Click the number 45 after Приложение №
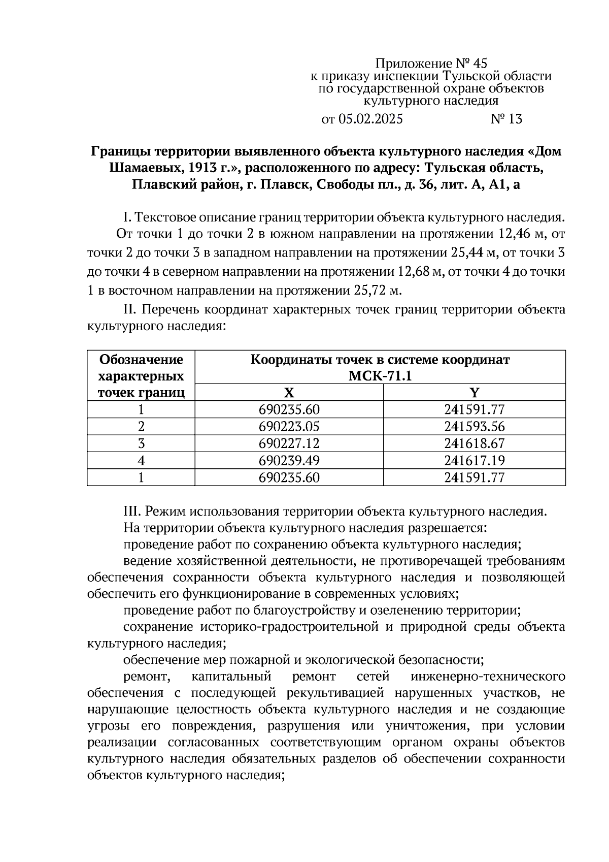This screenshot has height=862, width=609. click(479, 63)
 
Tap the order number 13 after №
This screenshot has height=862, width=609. click(514, 119)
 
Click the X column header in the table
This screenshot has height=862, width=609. click(289, 393)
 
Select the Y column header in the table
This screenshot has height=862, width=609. click(475, 393)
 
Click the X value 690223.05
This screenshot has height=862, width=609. click(289, 427)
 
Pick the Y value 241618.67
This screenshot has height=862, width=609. click(475, 443)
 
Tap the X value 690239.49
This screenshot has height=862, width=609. click(289, 461)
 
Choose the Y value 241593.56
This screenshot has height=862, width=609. click(475, 427)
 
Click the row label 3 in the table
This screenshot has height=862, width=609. click(141, 443)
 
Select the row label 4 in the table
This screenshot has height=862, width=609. click(141, 461)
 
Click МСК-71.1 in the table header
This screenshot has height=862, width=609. click(380, 376)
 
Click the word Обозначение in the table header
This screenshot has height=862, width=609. click(141, 360)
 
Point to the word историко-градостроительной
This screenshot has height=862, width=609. click(289, 626)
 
